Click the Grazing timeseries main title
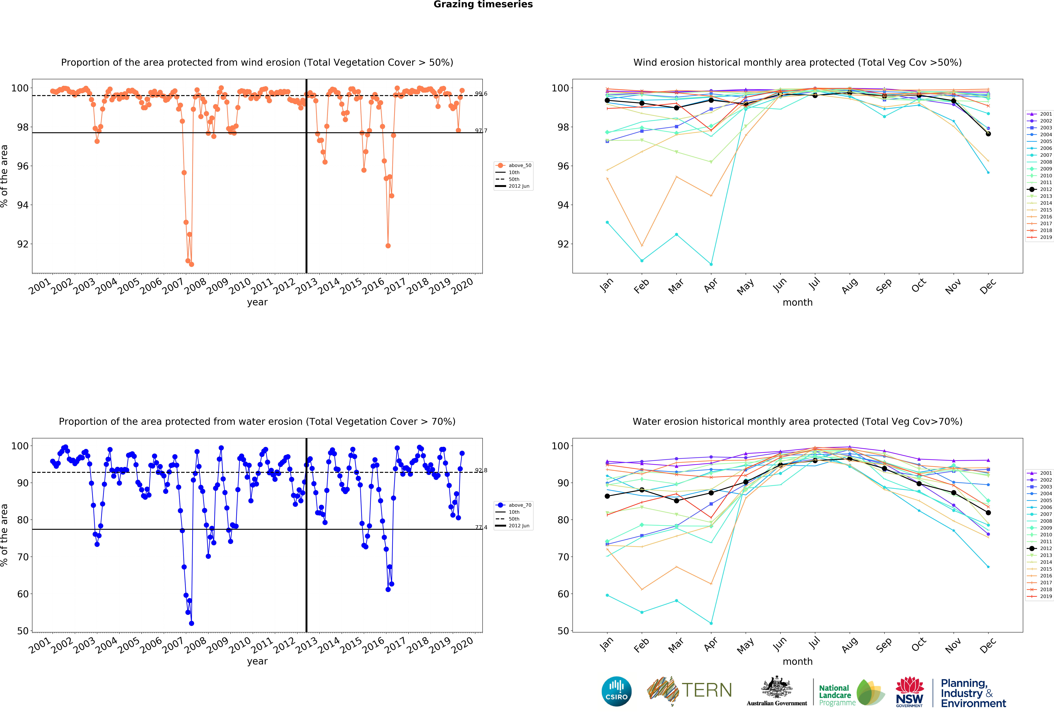tap(483, 5)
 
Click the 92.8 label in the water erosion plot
tap(481, 470)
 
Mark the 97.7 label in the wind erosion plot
tap(481, 131)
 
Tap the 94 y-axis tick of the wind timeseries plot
tap(23, 205)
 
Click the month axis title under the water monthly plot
tap(797, 661)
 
